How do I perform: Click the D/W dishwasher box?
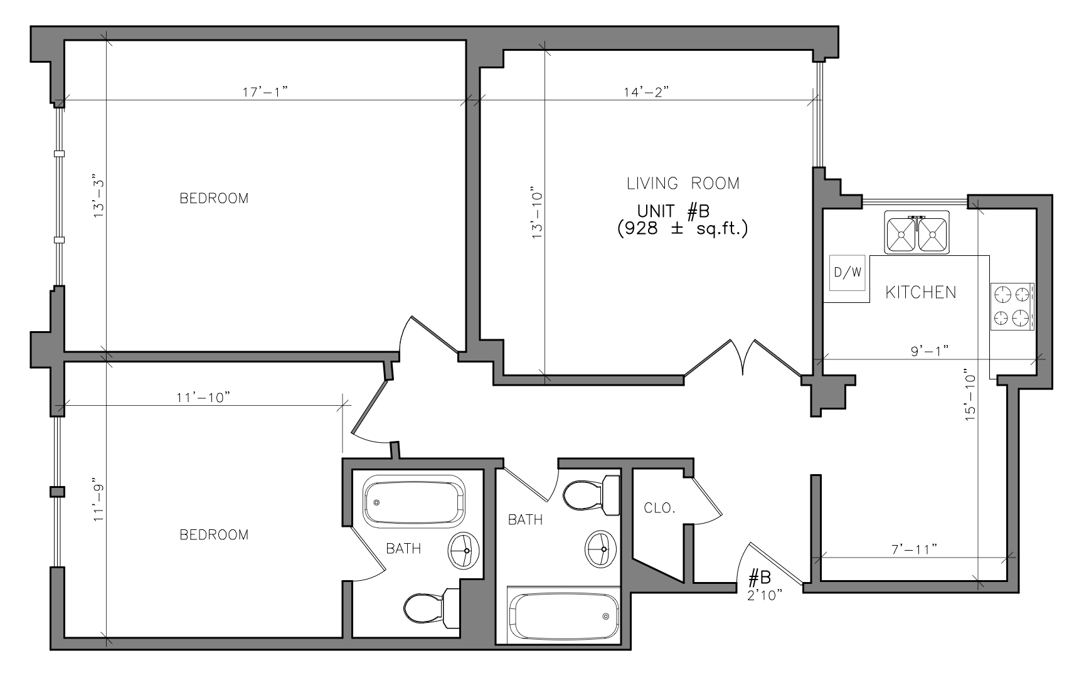pos(848,273)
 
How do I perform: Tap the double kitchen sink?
pos(917,233)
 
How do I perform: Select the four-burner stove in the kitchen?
pos(1012,306)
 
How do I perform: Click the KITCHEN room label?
pos(921,292)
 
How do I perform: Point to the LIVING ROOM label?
pos(683,183)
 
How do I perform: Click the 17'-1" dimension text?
pos(265,92)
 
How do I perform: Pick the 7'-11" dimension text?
pos(915,549)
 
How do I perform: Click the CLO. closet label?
pos(660,508)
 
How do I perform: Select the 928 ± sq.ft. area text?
pos(683,228)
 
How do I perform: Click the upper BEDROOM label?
pos(214,198)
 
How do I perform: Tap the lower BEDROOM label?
pos(214,535)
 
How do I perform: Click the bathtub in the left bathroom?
pos(413,501)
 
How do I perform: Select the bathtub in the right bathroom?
pos(564,616)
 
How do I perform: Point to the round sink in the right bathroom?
pos(601,549)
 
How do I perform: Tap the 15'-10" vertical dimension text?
pos(971,394)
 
